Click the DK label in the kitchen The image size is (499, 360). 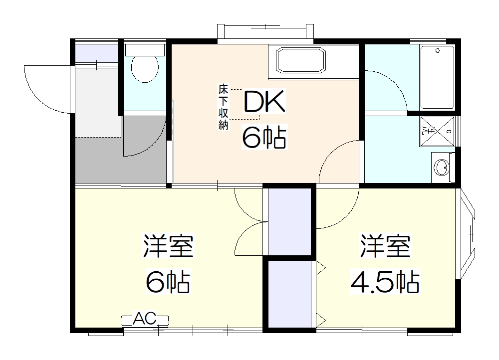tap(264, 103)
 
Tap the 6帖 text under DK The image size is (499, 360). tap(264, 137)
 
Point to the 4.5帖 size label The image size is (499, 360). tap(385, 282)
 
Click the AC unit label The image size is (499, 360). tap(145, 318)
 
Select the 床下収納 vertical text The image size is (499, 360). tap(223, 107)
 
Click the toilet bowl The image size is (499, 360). tap(145, 69)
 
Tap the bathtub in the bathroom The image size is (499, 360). tap(437, 77)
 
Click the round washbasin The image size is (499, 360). tap(442, 167)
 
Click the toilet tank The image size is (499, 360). tap(145, 50)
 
